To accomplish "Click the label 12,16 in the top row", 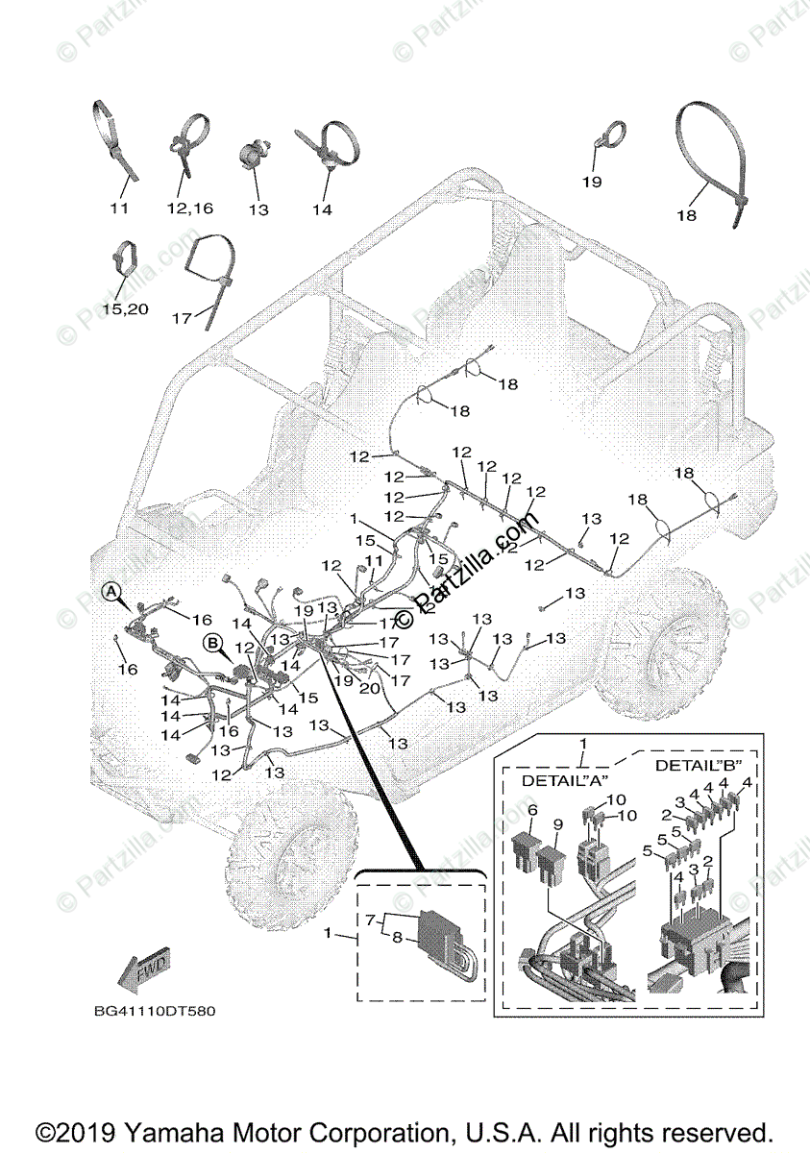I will tap(189, 209).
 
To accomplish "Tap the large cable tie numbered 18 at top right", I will tap(710, 163).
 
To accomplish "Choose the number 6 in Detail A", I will tap(533, 809).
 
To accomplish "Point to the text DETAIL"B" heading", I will tap(691, 766).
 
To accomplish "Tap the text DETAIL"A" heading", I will tap(558, 781).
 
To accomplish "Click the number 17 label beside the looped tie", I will tap(183, 317).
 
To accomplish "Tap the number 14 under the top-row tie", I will tap(321, 209).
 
